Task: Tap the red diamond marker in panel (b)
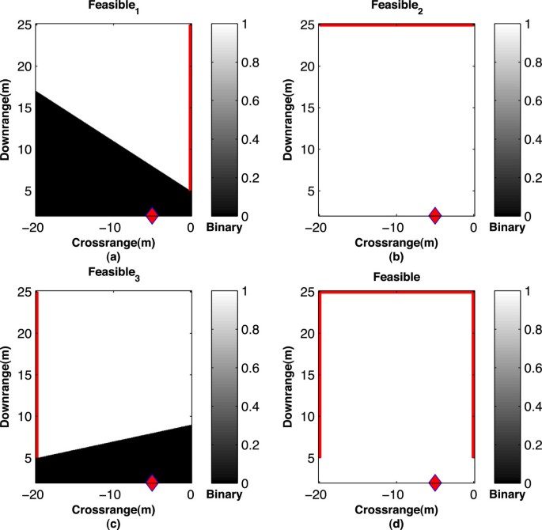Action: click(x=434, y=215)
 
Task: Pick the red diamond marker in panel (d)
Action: click(x=434, y=483)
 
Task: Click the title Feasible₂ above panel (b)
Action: click(x=396, y=5)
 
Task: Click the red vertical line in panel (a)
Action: click(x=190, y=103)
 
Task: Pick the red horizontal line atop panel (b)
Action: click(x=396, y=25)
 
